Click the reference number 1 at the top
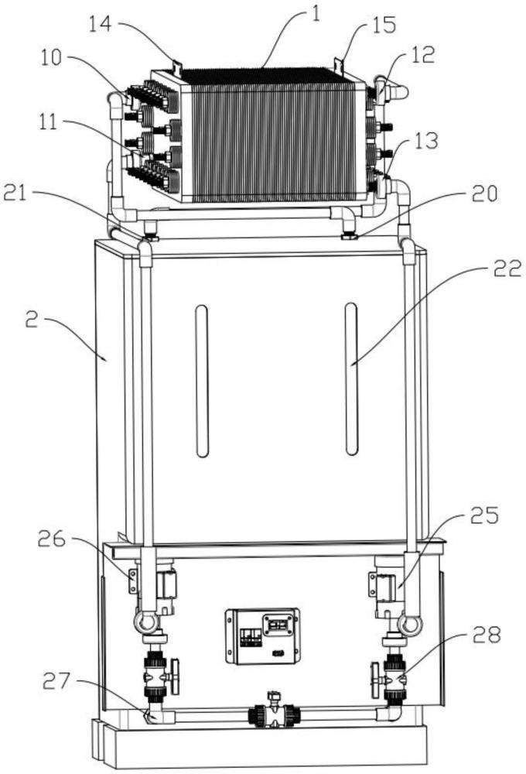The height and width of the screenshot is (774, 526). [x=316, y=14]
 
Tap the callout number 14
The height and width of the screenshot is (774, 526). [x=101, y=24]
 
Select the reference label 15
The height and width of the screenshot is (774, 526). [x=384, y=26]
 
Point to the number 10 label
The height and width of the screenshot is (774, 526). [x=51, y=58]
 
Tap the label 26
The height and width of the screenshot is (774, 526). [x=51, y=539]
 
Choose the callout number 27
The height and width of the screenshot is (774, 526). [x=56, y=682]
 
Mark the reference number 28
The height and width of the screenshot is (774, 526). [x=487, y=635]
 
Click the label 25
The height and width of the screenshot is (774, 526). [x=484, y=515]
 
